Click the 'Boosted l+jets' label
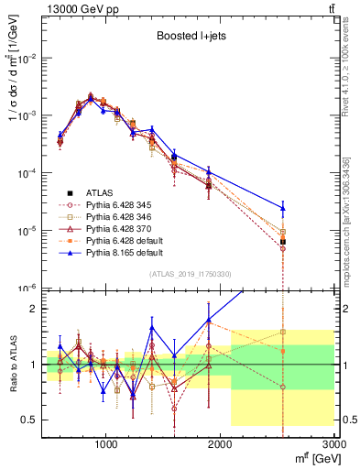tap(189, 36)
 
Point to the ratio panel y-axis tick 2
tap(33, 309)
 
